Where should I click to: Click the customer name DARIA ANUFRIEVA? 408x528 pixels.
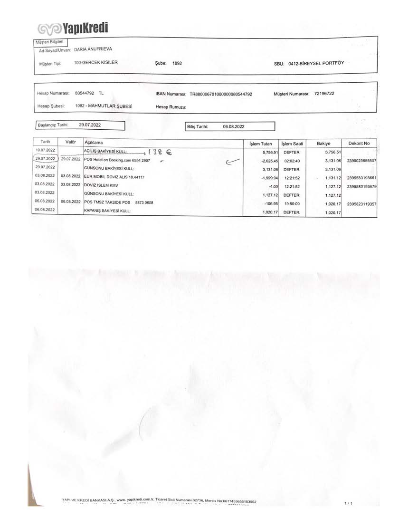click(x=94, y=49)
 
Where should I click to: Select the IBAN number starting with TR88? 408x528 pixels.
click(x=221, y=94)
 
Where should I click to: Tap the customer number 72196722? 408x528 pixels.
click(x=324, y=93)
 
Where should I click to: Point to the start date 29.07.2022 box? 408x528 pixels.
click(x=90, y=125)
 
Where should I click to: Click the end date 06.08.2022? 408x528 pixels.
click(x=234, y=127)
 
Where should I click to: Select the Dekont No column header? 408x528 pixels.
click(x=359, y=143)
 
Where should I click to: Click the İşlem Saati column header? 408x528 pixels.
click(x=292, y=143)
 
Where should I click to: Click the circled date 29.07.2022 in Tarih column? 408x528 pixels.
click(x=46, y=159)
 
